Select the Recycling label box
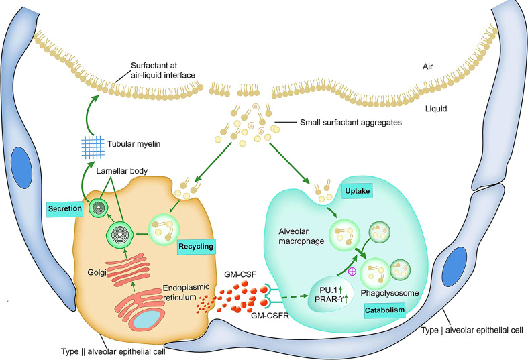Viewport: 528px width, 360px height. coord(195,247)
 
